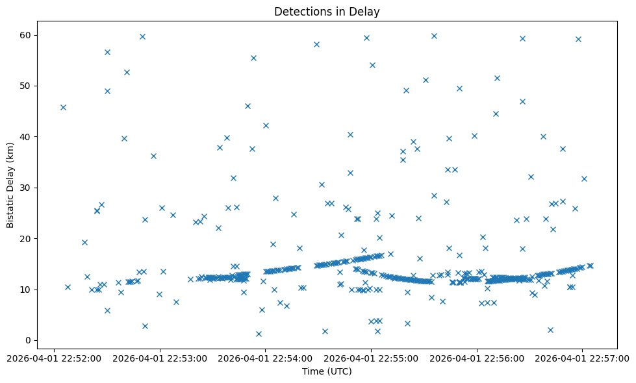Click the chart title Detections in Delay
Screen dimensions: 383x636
tap(327, 12)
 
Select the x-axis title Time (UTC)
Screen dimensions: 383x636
tap(327, 371)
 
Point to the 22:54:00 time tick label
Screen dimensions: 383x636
tap(265, 358)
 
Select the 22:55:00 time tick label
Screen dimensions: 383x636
tap(371, 358)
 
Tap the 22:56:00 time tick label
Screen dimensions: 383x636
tap(477, 358)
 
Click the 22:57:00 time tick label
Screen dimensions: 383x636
tap(583, 358)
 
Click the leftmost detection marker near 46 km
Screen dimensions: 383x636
tap(63, 107)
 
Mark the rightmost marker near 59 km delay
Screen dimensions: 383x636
tap(578, 39)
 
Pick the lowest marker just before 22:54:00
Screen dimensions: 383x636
tap(259, 334)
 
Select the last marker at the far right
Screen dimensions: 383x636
tap(590, 266)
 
